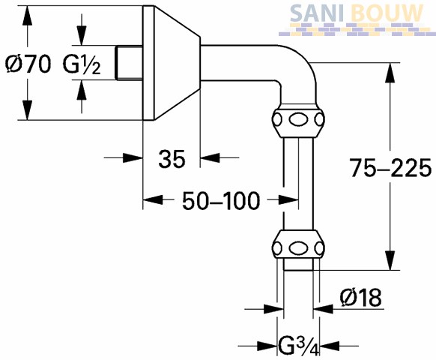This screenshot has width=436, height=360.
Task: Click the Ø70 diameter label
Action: point(28,64)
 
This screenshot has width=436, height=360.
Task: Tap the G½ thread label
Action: point(81,65)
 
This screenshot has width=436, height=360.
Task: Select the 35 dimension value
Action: point(172,159)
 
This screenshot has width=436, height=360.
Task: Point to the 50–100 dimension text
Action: point(221,201)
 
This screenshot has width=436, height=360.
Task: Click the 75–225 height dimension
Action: point(390,167)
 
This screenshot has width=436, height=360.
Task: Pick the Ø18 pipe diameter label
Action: point(360,297)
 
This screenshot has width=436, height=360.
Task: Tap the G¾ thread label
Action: point(299,346)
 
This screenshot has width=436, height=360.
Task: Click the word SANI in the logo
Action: point(316,13)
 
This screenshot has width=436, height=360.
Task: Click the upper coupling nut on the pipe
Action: point(298,120)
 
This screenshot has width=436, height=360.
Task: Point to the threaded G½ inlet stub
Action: point(129,63)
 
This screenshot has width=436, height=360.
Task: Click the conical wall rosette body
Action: point(172,63)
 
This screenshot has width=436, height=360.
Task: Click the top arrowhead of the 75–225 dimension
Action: point(390,73)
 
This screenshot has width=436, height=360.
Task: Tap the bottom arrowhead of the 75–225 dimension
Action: point(390,260)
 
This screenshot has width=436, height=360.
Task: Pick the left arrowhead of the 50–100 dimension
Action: point(153,200)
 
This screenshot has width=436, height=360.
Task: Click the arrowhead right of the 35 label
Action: point(210,157)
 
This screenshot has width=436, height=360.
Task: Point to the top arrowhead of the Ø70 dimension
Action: point(27,16)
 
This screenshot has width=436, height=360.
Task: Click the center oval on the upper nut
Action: point(298,120)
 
